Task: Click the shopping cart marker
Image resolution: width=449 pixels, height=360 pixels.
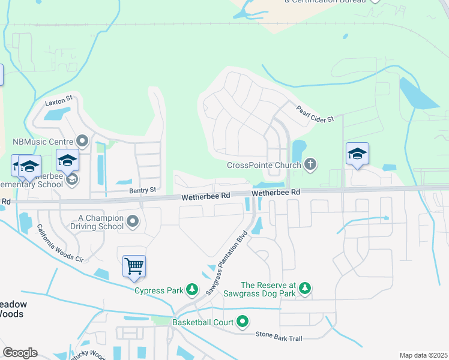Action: (134, 266)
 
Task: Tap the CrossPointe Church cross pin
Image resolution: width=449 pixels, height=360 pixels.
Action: (310, 164)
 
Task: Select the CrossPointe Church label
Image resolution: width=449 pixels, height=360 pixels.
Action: (264, 165)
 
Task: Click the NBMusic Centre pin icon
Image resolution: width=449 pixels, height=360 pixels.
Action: (83, 142)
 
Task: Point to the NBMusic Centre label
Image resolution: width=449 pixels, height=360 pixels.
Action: (43, 142)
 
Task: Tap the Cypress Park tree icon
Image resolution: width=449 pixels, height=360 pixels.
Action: (192, 291)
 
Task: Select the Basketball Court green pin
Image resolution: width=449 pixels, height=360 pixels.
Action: (243, 322)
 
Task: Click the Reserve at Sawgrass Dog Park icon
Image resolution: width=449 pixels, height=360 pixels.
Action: (305, 289)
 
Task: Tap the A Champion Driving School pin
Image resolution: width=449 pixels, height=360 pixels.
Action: (133, 223)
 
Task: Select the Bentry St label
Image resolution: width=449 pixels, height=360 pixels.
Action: (142, 190)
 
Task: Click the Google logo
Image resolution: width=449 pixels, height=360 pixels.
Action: (20, 352)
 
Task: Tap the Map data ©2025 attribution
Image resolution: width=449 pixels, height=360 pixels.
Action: (423, 355)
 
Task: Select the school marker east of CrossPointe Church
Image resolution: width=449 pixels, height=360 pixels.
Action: (357, 155)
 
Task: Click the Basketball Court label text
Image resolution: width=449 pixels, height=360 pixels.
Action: (202, 322)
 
